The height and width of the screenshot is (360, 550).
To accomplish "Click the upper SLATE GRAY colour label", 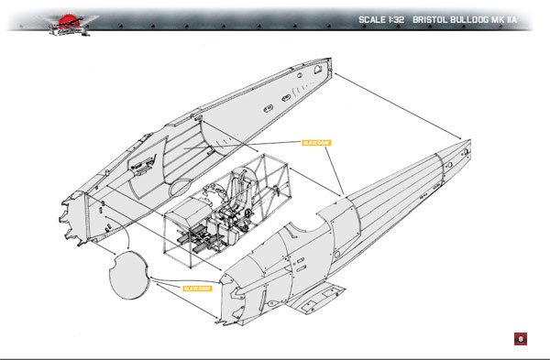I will pyautogui.click(x=315, y=143).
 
